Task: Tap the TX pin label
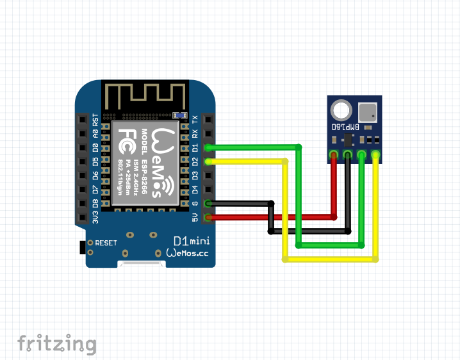[x=195, y=119]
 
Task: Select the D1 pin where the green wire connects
[x=209, y=147]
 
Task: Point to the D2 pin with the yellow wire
[x=209, y=161]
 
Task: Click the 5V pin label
[x=195, y=218]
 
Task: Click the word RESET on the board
[x=106, y=243]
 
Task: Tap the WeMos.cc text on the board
[x=187, y=253]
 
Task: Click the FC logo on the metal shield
[x=126, y=136]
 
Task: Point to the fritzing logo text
[x=56, y=344]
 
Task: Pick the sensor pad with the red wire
[x=333, y=154]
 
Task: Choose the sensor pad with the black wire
[x=347, y=154]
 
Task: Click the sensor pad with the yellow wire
[x=375, y=154]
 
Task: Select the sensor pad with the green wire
[x=361, y=154]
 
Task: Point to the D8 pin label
[x=95, y=204]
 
